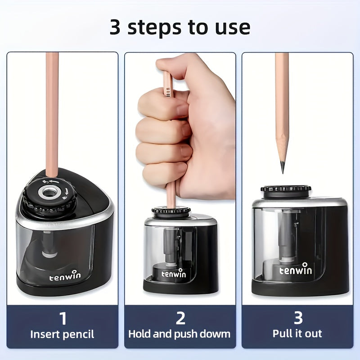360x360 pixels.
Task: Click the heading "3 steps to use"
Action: coord(180,27)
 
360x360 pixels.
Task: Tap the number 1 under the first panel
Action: coord(63,318)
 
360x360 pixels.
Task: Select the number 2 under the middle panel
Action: coord(180,318)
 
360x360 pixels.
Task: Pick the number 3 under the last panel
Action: coord(298,318)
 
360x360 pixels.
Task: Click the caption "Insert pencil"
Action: coord(63,334)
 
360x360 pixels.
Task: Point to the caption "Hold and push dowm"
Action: coord(180,334)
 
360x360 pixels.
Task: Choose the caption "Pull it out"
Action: coord(297,334)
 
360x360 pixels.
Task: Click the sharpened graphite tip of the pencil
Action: coord(283,166)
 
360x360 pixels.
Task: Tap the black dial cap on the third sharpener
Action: coord(286,189)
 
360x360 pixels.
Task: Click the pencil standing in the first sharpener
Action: coord(52,112)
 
